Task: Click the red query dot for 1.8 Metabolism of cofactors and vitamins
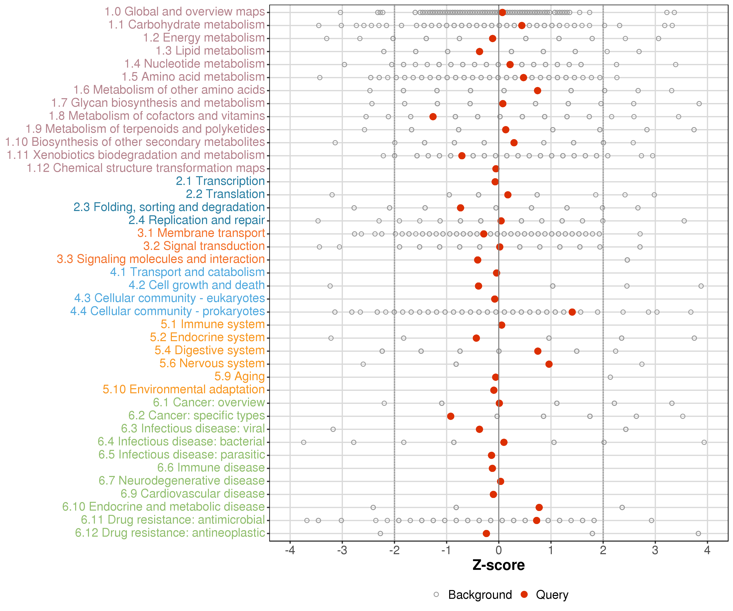click(x=433, y=117)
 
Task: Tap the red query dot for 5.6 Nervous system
click(x=549, y=364)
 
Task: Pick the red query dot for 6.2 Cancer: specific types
click(x=451, y=416)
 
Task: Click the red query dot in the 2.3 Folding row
click(x=460, y=208)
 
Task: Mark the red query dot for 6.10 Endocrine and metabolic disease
click(x=539, y=507)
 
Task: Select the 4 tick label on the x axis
click(x=707, y=551)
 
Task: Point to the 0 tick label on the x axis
click(x=498, y=551)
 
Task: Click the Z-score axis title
click(x=498, y=565)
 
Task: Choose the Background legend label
click(x=480, y=595)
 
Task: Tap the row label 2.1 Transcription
click(x=220, y=181)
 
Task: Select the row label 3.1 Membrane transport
click(x=201, y=233)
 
